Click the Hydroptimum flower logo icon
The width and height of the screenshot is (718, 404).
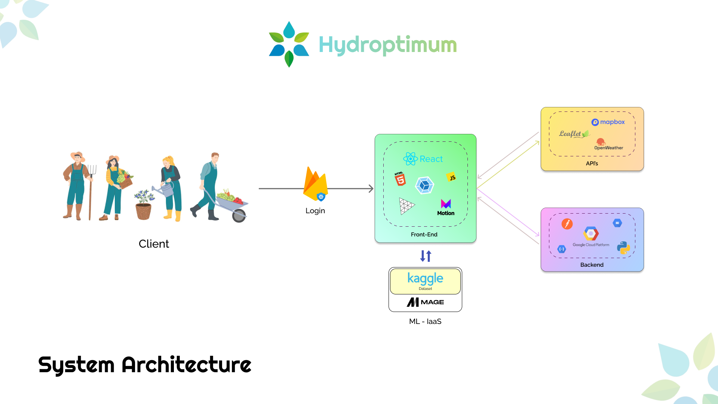click(289, 44)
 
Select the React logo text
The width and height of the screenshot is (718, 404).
click(423, 159)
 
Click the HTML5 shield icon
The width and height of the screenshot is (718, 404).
click(400, 179)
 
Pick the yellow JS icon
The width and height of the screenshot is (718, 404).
click(452, 177)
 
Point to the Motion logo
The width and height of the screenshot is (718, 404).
click(446, 207)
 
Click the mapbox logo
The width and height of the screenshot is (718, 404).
click(608, 122)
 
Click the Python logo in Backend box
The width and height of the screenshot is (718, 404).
click(623, 248)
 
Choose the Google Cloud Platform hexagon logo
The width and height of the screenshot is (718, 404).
click(591, 234)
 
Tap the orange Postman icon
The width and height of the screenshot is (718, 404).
click(567, 224)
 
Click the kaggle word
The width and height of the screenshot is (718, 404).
click(425, 278)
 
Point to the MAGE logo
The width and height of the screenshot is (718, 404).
click(425, 302)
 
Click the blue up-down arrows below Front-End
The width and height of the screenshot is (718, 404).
click(426, 256)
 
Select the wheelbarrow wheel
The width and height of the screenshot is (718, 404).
click(239, 215)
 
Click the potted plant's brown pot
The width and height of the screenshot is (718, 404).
click(144, 212)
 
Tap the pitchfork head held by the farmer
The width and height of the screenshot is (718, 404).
click(92, 170)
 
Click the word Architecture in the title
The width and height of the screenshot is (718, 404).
click(186, 365)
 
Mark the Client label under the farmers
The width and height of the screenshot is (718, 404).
click(154, 244)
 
